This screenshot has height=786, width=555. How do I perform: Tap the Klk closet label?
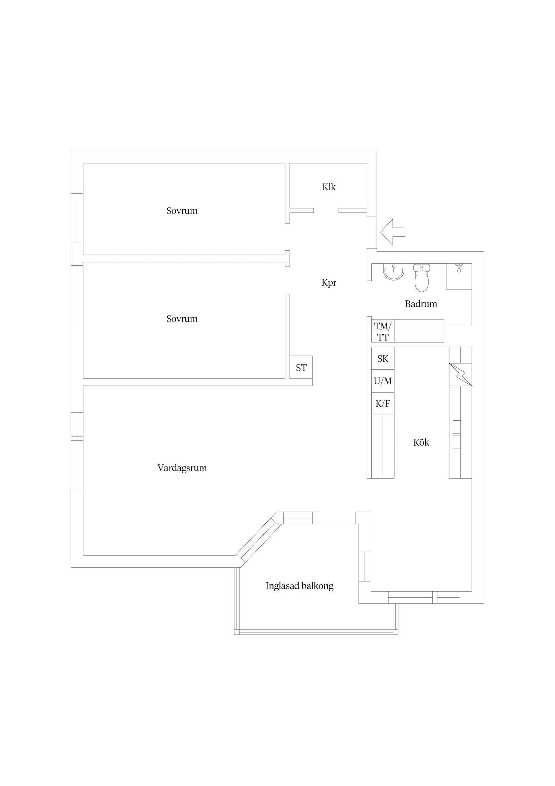pyautogui.click(x=329, y=187)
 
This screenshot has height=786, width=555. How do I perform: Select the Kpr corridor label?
pyautogui.click(x=329, y=283)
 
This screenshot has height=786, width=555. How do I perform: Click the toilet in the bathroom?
pyautogui.click(x=422, y=277)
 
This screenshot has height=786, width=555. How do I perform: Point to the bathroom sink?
pyautogui.click(x=394, y=272)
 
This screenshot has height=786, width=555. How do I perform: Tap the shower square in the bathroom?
pyautogui.click(x=459, y=276)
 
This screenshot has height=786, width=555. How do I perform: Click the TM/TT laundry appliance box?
pyautogui.click(x=383, y=331)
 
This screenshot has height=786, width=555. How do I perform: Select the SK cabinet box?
pyautogui.click(x=383, y=358)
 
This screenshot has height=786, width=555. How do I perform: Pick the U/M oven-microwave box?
pyautogui.click(x=383, y=381)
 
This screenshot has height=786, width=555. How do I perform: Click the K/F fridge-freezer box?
pyautogui.click(x=383, y=404)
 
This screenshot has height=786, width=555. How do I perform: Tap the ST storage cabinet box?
pyautogui.click(x=301, y=367)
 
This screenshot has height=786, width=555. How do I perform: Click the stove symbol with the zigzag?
pyautogui.click(x=460, y=374)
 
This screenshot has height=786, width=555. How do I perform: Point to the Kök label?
pyautogui.click(x=421, y=443)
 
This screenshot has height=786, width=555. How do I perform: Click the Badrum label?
pyautogui.click(x=421, y=304)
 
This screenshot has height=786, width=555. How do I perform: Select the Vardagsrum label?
pyautogui.click(x=182, y=468)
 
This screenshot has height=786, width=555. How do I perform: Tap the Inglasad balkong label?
pyautogui.click(x=300, y=586)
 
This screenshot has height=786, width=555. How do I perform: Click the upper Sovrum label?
pyautogui.click(x=182, y=211)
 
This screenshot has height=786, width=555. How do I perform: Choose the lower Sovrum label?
pyautogui.click(x=182, y=319)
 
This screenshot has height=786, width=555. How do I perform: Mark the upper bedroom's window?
pyautogui.click(x=77, y=218)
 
